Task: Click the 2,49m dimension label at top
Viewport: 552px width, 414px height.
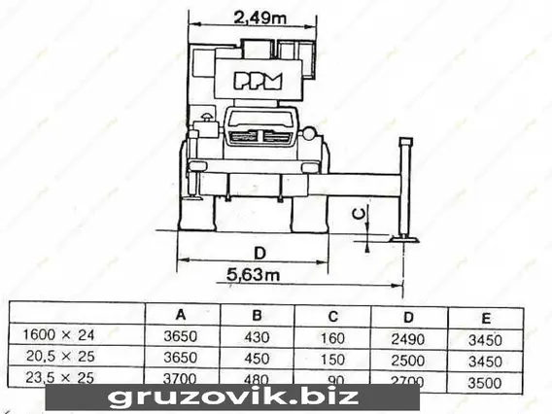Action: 260,17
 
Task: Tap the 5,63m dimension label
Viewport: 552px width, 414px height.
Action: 253,275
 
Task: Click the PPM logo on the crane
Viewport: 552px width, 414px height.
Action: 259,81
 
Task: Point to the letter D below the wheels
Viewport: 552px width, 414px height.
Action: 259,253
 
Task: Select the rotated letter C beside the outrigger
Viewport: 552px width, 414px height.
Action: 359,214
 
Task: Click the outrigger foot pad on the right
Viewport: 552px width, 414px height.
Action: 404,240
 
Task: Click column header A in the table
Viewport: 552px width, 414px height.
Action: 181,314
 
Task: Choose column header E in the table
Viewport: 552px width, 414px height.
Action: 486,318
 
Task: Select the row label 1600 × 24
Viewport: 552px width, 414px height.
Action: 58,334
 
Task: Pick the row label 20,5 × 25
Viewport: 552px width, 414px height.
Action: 60,357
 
